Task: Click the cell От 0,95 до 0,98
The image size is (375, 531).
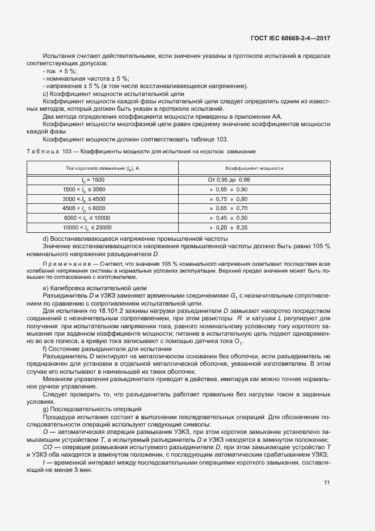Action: pos(229,179)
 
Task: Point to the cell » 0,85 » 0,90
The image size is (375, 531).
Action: pos(229,189)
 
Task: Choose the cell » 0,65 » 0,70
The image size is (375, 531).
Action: pos(229,208)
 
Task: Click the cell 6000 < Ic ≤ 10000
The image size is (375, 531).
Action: pos(87,218)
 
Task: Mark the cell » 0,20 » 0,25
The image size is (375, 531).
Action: pos(229,227)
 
